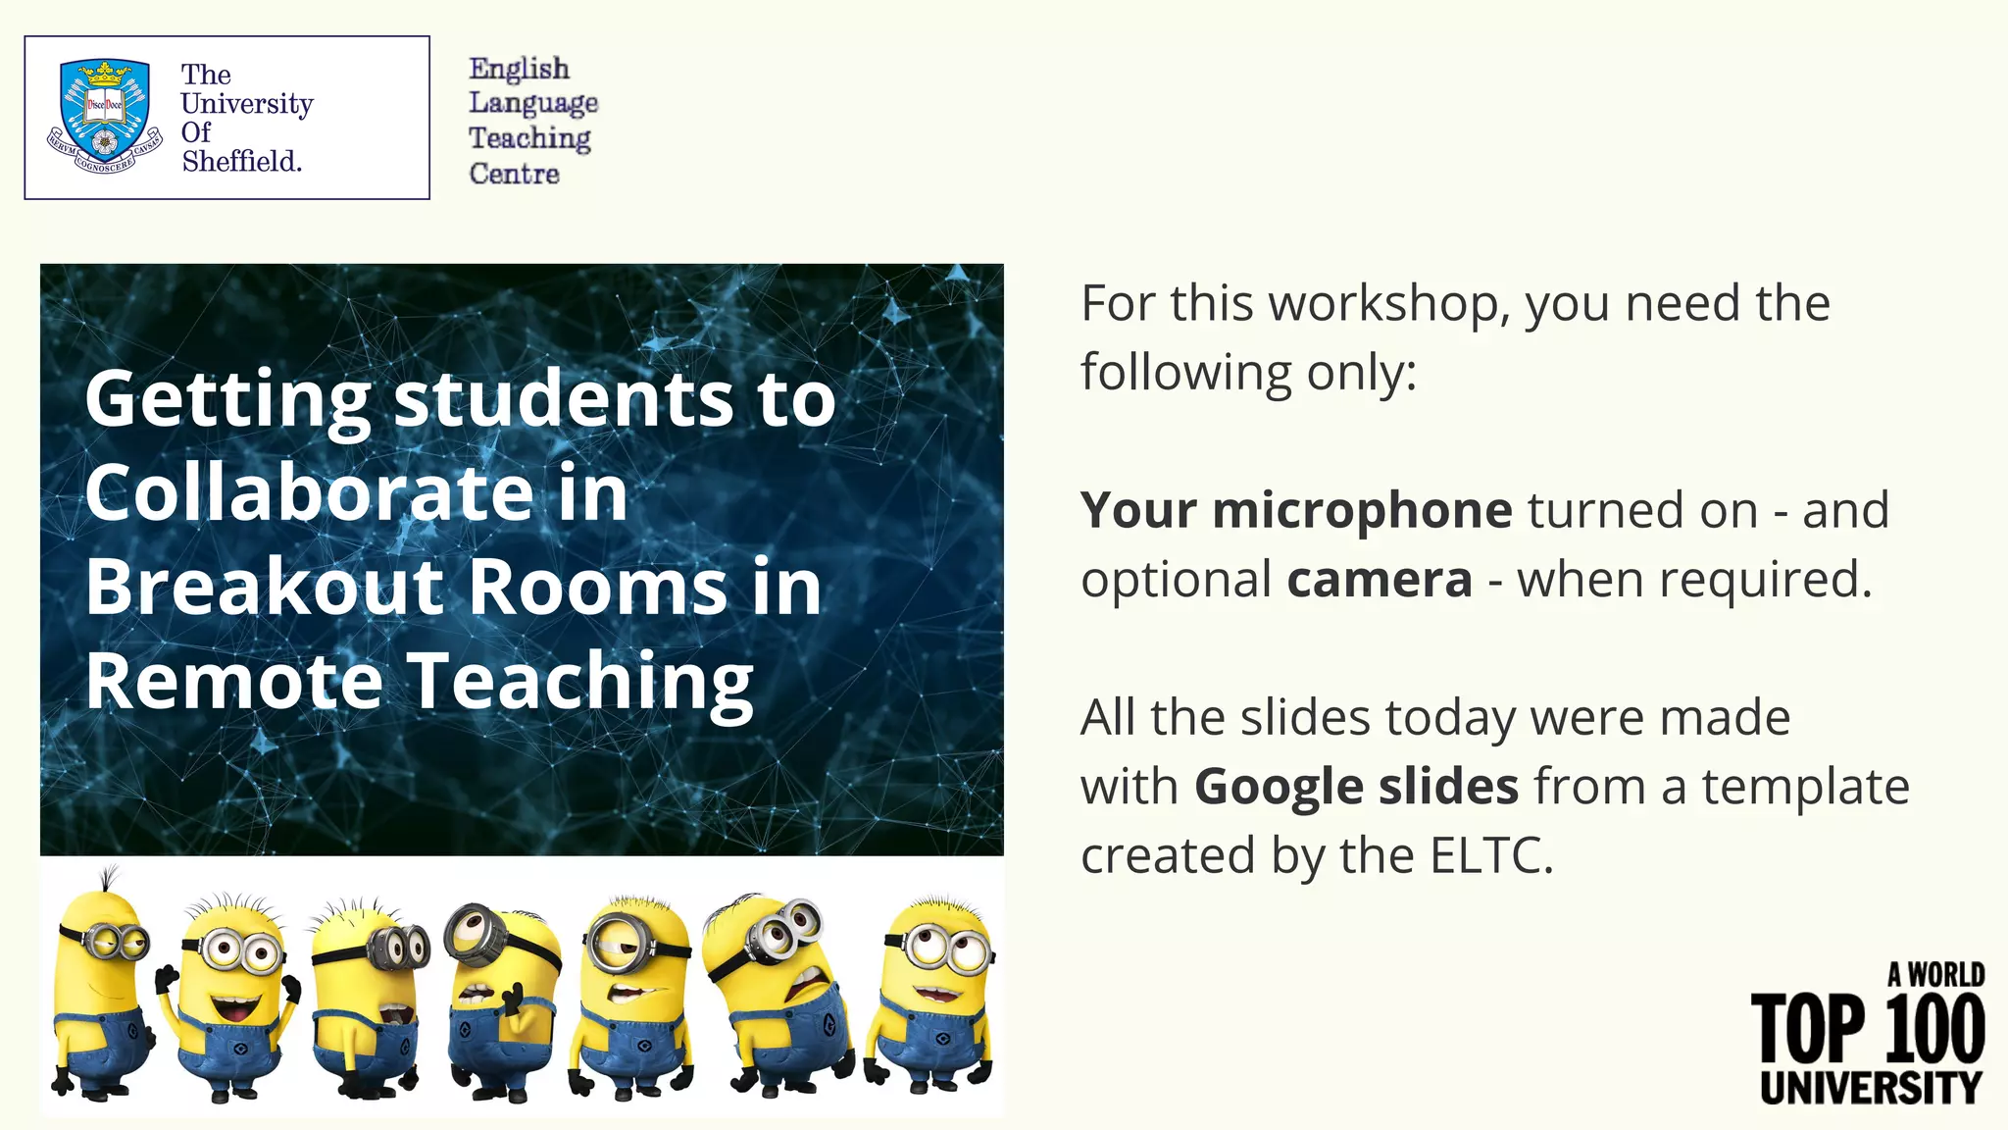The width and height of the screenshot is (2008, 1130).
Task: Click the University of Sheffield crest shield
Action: [104, 110]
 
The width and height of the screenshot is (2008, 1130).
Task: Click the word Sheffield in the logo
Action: [241, 161]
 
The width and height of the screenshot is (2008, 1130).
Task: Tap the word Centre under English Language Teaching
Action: [514, 174]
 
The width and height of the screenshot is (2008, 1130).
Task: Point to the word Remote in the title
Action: [233, 681]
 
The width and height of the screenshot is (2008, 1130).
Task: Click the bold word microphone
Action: [1363, 511]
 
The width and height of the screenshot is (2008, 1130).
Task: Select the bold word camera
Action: [1380, 580]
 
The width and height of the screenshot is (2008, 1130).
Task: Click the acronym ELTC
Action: [1490, 855]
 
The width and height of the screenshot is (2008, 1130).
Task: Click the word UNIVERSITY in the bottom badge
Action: [1871, 1087]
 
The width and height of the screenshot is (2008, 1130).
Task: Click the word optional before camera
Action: [1176, 580]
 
